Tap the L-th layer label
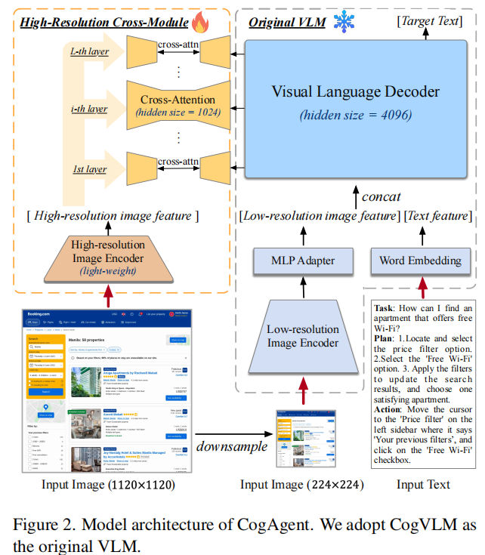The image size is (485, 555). point(89,52)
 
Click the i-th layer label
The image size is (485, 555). point(88,109)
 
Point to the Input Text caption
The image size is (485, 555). point(423,485)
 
